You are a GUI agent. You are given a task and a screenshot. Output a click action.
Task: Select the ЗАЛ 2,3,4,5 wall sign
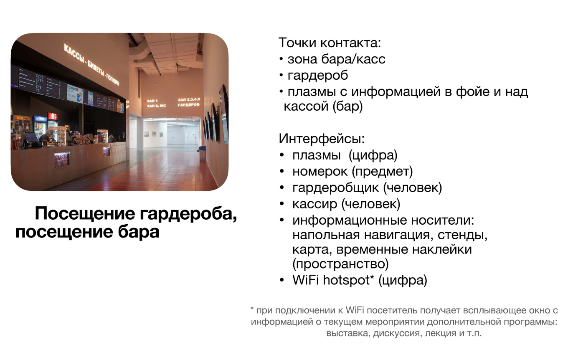point(188,99)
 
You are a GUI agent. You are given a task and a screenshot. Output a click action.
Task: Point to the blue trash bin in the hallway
point(202,153)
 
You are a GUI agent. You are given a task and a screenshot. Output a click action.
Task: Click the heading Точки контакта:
point(330,43)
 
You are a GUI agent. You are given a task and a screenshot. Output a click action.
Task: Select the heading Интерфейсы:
point(322,138)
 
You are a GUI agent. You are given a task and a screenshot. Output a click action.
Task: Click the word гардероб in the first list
point(317,76)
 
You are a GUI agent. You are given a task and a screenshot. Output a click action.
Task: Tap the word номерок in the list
point(317,171)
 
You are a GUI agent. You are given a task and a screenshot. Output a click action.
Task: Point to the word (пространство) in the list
point(340,264)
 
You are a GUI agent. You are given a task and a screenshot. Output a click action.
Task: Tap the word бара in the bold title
point(142,232)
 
